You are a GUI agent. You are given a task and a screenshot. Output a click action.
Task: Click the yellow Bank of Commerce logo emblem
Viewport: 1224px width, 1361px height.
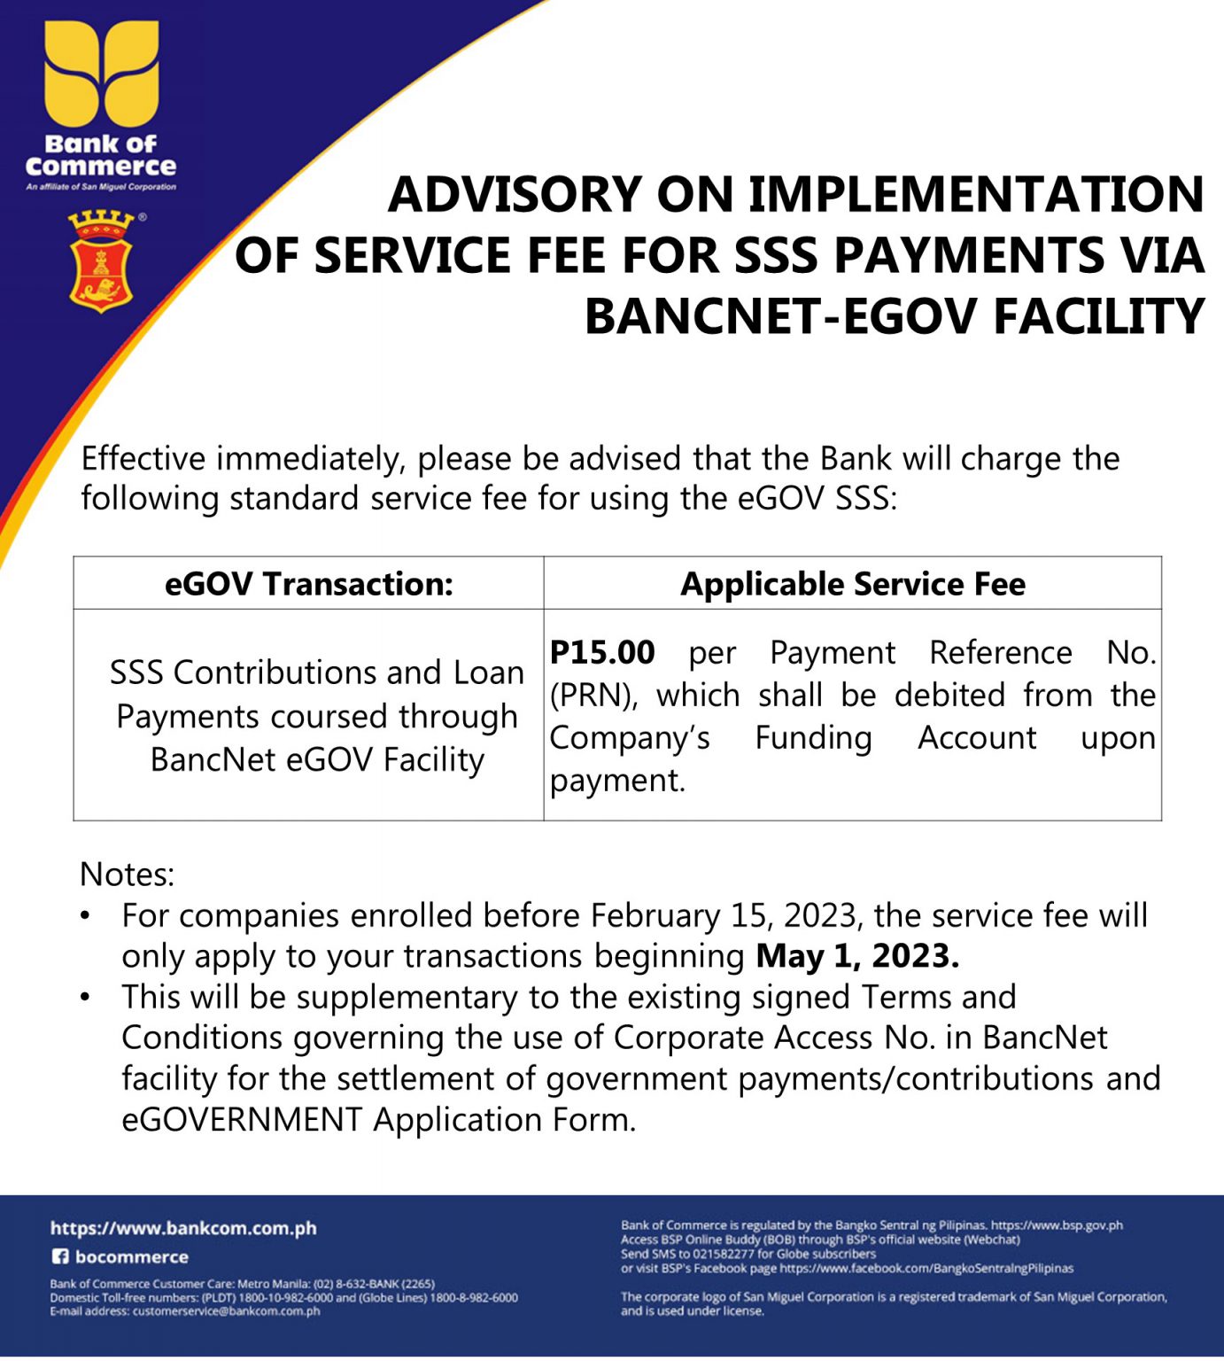point(101,74)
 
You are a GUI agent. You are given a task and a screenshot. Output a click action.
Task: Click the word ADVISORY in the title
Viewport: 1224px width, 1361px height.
point(515,195)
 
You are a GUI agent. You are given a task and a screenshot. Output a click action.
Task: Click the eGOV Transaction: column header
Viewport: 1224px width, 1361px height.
point(308,584)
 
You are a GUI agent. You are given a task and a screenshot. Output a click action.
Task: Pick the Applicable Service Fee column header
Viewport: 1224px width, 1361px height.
point(852,584)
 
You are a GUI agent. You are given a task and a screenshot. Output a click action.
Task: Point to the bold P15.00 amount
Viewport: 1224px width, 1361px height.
point(602,653)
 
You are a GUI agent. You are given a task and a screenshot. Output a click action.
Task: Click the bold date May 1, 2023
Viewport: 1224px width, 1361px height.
point(856,957)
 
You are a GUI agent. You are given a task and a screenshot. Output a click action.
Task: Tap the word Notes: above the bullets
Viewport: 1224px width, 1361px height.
point(127,875)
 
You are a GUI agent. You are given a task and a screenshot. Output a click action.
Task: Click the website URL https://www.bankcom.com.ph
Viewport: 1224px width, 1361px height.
point(183,1228)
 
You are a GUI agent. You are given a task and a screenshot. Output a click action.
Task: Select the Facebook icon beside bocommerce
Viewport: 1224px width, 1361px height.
point(59,1256)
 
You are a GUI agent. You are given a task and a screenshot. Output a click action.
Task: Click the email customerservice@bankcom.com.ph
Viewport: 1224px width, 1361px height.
point(226,1311)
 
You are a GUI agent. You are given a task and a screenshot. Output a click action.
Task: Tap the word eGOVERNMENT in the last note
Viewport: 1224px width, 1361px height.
point(242,1120)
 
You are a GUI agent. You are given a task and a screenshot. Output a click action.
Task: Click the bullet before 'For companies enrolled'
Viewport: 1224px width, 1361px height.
point(85,915)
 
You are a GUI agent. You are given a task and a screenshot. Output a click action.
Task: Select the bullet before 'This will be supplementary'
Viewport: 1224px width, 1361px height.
point(85,997)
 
